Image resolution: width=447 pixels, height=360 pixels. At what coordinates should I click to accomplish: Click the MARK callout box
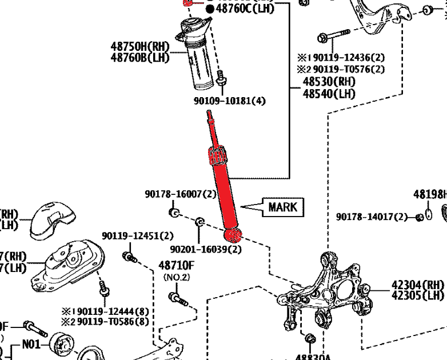click(x=283, y=207)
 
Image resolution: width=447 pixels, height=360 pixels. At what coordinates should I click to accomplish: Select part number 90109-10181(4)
click(x=230, y=101)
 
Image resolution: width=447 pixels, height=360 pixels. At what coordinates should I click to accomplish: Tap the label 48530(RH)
click(x=329, y=82)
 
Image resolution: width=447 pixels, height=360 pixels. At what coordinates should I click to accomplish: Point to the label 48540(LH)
click(x=329, y=93)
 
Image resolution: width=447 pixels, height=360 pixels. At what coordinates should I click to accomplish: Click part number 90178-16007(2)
click(x=181, y=194)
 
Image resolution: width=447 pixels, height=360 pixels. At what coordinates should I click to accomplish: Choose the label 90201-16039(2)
click(x=206, y=249)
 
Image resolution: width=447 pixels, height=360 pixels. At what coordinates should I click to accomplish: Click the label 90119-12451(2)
click(x=138, y=235)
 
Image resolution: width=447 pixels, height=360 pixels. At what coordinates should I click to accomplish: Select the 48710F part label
click(x=176, y=265)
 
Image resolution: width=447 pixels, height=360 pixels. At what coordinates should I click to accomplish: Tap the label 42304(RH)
click(x=418, y=285)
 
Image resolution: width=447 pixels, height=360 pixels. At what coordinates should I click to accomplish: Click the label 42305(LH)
click(x=418, y=295)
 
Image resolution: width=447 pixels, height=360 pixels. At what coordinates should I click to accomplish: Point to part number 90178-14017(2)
click(x=372, y=217)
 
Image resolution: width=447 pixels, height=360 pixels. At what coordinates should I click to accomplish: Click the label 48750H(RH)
click(x=139, y=46)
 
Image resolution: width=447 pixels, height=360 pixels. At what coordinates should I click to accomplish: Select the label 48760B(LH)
click(x=139, y=57)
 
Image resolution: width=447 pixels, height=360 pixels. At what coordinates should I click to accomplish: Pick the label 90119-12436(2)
click(x=346, y=58)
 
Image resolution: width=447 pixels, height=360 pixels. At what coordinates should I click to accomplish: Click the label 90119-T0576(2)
click(x=346, y=69)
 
